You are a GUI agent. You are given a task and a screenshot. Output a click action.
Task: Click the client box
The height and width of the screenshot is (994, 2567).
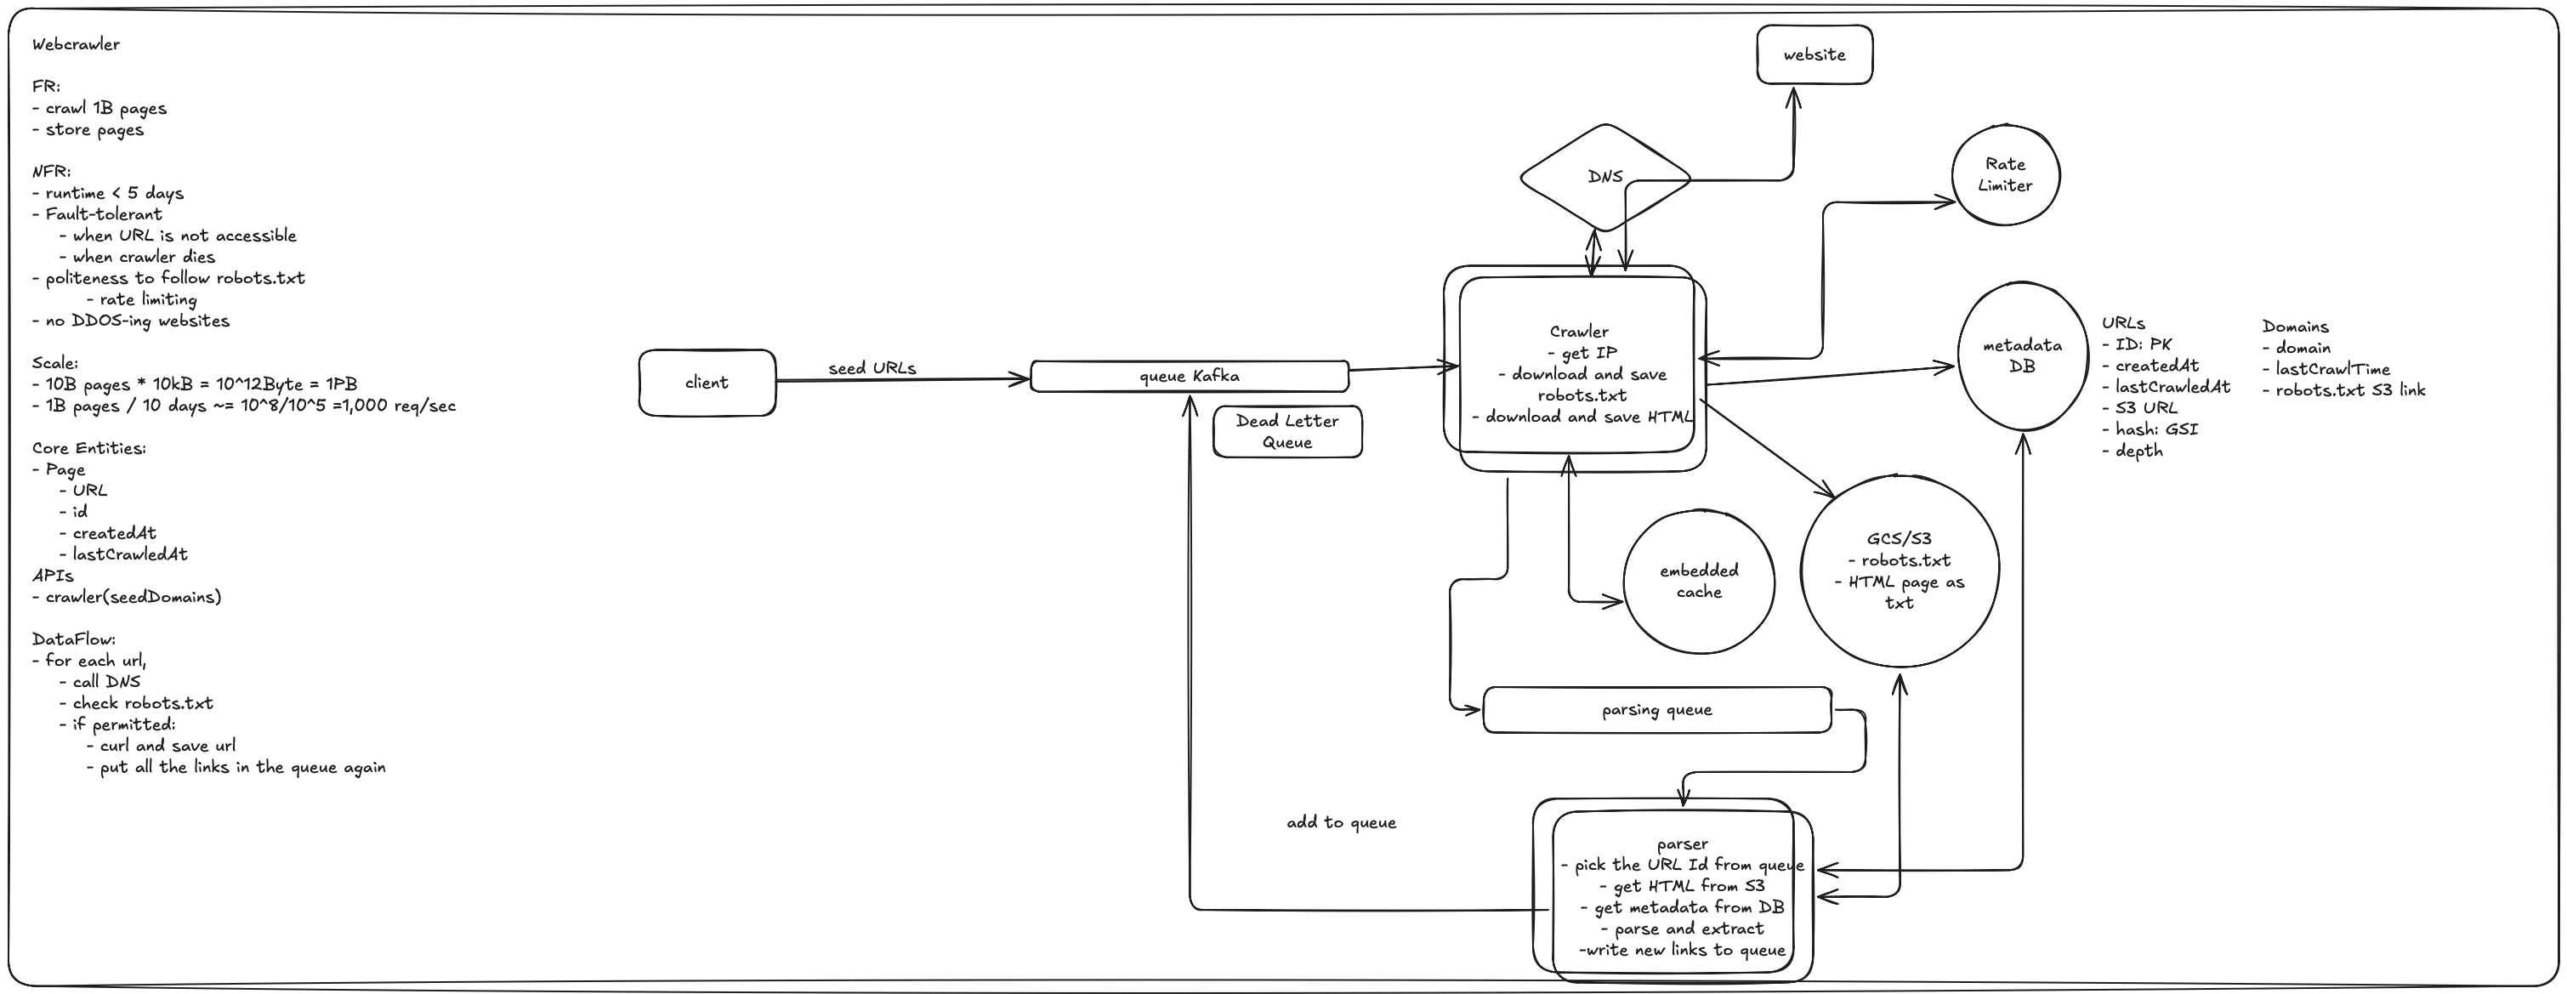(707, 382)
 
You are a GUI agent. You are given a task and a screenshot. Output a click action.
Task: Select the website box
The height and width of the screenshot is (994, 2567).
(1814, 54)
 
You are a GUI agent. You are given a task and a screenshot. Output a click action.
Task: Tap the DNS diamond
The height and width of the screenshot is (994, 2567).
(1604, 177)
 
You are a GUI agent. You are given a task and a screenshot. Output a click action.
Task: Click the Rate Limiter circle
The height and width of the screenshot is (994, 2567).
(2004, 175)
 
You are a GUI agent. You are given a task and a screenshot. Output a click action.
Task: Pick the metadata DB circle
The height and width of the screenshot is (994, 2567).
(2022, 356)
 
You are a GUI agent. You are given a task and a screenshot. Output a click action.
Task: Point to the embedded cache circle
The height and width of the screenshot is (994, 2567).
(1698, 582)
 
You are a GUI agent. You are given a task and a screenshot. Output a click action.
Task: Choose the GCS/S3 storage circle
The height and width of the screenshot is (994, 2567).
(1899, 571)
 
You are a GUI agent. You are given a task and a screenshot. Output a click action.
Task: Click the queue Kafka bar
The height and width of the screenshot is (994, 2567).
(1189, 376)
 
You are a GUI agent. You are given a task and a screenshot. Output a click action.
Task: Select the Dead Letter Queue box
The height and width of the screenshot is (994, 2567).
(1286, 432)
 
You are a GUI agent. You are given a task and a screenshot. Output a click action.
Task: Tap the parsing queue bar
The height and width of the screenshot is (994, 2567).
(1656, 710)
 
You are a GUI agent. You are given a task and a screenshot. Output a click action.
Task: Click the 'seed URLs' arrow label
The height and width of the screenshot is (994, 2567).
(872, 368)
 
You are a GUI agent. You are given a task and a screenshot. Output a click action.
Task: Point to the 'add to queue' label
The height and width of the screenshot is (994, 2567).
(1340, 822)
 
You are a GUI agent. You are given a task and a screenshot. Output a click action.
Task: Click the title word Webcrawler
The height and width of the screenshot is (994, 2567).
(76, 44)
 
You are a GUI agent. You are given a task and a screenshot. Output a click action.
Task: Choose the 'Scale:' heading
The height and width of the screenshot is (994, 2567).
(54, 363)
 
